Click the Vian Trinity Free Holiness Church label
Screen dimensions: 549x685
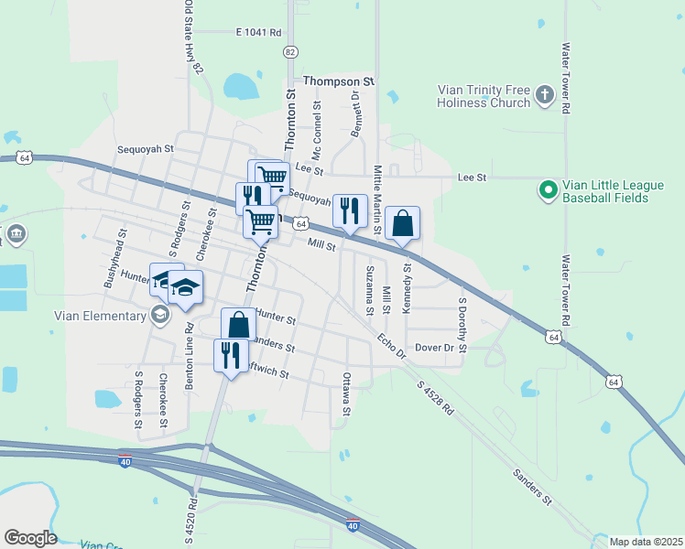click(484, 96)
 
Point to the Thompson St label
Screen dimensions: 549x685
click(340, 81)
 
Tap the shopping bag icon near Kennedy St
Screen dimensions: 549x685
click(402, 223)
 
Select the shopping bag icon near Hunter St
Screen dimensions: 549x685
click(238, 325)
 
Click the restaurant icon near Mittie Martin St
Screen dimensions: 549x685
click(349, 211)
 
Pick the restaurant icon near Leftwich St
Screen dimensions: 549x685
click(230, 353)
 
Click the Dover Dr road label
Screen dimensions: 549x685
click(435, 348)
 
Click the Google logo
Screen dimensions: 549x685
click(29, 538)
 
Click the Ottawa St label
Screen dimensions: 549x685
click(346, 393)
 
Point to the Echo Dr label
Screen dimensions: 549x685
click(391, 343)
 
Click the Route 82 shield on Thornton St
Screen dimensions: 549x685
click(290, 52)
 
